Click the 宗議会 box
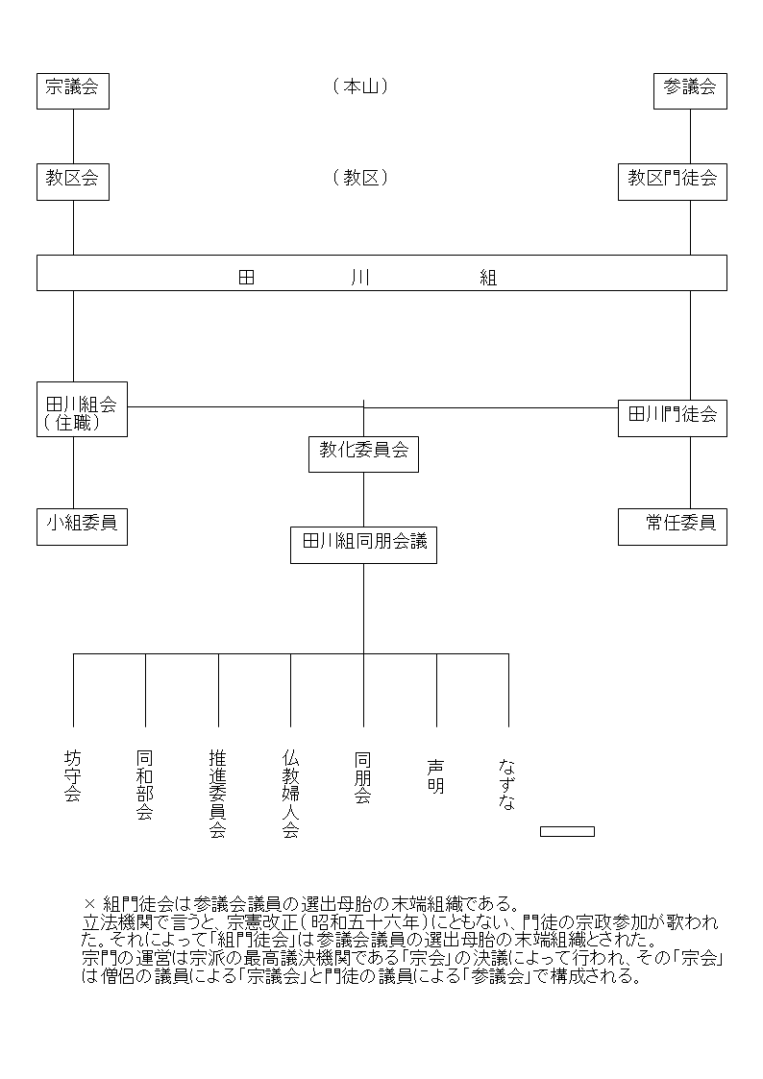[x=73, y=91]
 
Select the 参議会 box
[x=690, y=91]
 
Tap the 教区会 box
[x=73, y=182]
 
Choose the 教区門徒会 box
[x=672, y=182]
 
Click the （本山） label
[x=360, y=86]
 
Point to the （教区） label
[x=360, y=178]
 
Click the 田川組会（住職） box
[x=82, y=408]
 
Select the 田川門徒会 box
[x=672, y=418]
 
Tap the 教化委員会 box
[x=363, y=454]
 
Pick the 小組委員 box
[x=82, y=527]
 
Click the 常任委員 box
[x=672, y=527]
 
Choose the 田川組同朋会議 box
[x=363, y=545]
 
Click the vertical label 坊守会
[x=73, y=775]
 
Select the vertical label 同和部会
[x=145, y=784]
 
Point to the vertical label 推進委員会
[x=218, y=794]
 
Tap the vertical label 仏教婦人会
[x=290, y=794]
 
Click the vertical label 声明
[x=436, y=776]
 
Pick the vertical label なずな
[x=507, y=784]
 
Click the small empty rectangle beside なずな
[x=567, y=831]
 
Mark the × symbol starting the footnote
[x=89, y=903]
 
